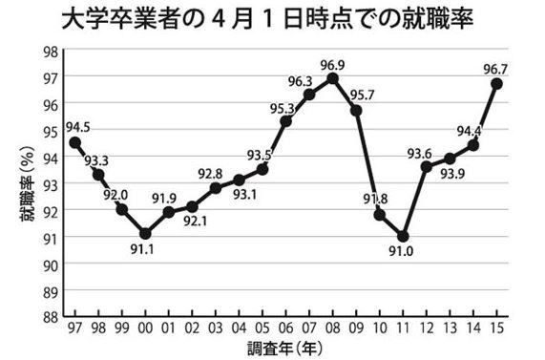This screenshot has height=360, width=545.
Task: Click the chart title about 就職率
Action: [272, 20]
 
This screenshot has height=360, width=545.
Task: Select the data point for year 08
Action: [332, 78]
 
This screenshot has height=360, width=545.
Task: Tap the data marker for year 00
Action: [145, 233]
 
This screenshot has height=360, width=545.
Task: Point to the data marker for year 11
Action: [403, 236]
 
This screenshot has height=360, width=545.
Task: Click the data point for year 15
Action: [496, 84]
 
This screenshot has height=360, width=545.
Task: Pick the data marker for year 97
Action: [75, 142]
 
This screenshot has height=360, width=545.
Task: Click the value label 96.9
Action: [332, 62]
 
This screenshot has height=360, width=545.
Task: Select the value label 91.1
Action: [145, 251]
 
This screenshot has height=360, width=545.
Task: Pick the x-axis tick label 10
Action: [379, 328]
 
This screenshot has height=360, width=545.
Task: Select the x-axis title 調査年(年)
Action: [285, 349]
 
